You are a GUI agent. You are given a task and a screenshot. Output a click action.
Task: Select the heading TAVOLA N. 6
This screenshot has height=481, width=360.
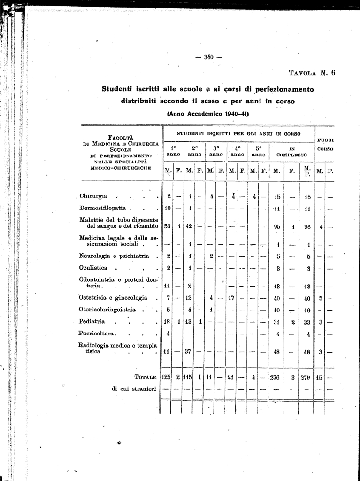[312, 73]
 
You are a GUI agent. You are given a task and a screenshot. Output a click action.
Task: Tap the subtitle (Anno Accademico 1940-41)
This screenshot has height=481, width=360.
[208, 113]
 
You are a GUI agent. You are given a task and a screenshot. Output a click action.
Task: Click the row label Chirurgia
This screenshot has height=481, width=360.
[93, 196]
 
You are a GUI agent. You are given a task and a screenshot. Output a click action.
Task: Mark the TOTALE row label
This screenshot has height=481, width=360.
[145, 377]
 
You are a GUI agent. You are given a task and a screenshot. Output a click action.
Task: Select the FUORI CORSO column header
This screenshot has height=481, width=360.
[325, 144]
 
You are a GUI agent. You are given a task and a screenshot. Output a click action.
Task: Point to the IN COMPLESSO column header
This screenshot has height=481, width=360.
[291, 151]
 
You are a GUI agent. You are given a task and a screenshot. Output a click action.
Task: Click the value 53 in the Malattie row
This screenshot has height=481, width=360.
[167, 226]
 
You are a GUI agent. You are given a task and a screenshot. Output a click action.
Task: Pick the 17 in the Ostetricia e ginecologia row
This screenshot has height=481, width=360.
[231, 297]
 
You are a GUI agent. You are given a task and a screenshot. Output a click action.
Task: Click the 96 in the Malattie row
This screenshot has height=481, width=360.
[307, 226]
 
